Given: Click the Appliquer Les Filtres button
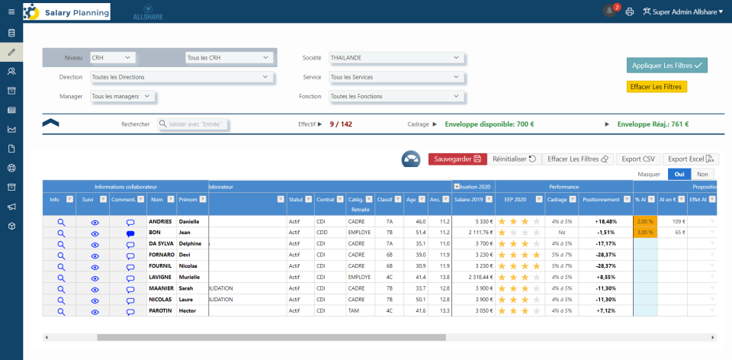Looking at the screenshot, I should click(x=666, y=66).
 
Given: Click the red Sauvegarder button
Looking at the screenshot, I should click(x=457, y=159).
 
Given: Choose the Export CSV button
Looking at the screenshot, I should click(x=638, y=159).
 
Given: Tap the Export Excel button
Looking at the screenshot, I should click(x=690, y=159).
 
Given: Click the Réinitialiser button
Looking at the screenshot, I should click(x=513, y=159).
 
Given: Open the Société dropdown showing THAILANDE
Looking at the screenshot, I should click(x=395, y=57).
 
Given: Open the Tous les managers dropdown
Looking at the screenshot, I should click(x=123, y=96).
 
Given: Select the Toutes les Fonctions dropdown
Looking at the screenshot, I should click(x=395, y=96).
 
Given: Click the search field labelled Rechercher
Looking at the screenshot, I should click(x=193, y=124).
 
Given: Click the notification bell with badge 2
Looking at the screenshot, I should click(x=609, y=11).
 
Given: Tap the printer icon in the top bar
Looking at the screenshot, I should click(x=631, y=11).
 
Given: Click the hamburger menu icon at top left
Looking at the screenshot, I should click(x=11, y=11).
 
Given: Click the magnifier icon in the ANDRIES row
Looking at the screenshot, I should click(x=61, y=221).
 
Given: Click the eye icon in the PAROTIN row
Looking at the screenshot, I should click(x=95, y=311).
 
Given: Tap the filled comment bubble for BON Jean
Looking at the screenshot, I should click(x=130, y=233).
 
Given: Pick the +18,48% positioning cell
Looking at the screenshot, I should click(x=603, y=221).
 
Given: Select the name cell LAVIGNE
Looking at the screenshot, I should click(x=161, y=278).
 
